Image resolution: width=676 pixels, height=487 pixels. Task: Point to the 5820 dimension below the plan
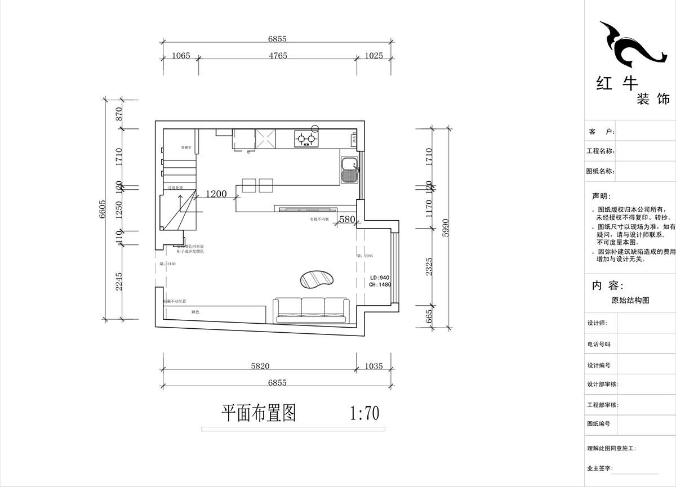click(x=260, y=366)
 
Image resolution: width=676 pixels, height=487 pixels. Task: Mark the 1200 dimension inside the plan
click(x=216, y=194)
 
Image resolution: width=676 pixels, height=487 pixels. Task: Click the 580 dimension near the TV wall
click(x=347, y=220)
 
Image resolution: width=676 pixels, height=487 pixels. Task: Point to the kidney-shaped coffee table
click(x=317, y=279)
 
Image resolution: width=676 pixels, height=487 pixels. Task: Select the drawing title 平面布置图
click(x=259, y=413)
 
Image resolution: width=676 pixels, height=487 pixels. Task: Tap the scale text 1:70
click(x=364, y=414)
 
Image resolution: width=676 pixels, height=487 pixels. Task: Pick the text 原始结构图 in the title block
click(x=630, y=301)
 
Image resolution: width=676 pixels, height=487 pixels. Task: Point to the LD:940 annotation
click(x=380, y=278)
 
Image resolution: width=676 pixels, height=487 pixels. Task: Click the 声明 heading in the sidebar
click(x=601, y=196)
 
